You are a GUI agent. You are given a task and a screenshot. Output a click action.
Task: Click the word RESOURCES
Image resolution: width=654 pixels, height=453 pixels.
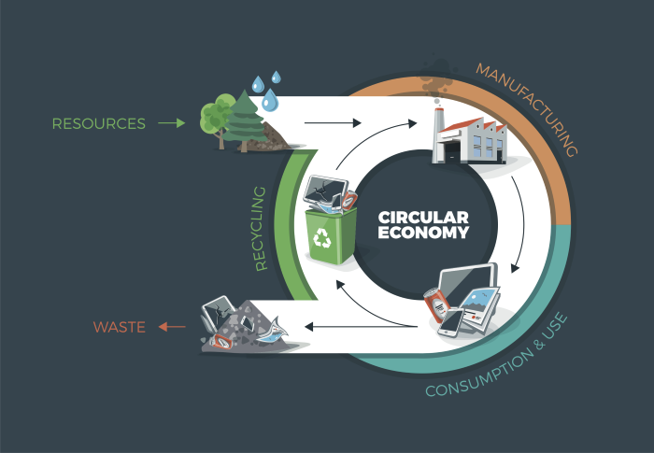click(x=99, y=123)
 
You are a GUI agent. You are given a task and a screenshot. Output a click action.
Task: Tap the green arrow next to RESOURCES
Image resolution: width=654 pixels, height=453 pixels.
click(x=172, y=122)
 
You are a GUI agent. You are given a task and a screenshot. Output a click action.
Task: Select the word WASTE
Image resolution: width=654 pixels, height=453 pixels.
click(x=119, y=327)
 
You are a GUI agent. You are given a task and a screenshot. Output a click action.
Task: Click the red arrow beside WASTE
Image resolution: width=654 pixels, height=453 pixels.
click(x=171, y=327)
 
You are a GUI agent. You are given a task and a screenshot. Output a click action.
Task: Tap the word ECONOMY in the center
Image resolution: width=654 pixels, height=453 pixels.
click(x=423, y=233)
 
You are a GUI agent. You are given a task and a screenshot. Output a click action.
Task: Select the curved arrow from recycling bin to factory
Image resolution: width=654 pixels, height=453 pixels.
click(x=349, y=154)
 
